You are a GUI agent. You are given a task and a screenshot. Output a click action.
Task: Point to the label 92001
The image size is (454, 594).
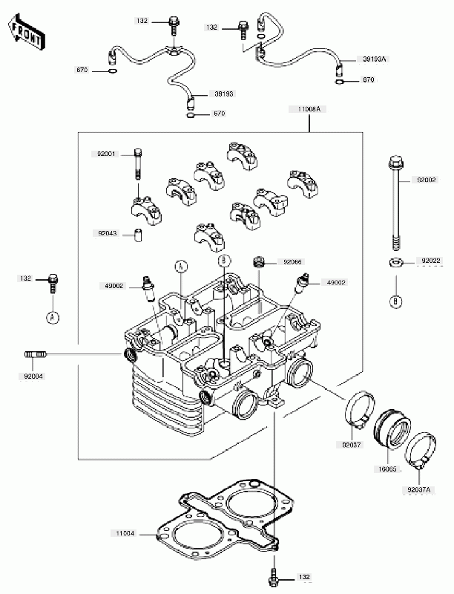click(106, 154)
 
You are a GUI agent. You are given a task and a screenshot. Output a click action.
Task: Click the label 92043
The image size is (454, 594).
click(106, 232)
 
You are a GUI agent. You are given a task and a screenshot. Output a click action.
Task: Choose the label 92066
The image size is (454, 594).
click(290, 262)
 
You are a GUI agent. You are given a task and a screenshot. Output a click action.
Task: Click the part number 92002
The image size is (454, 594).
click(426, 180)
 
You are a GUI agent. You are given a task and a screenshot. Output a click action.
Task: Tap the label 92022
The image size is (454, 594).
click(432, 261)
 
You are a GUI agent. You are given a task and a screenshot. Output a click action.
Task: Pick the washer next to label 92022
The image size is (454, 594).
click(395, 262)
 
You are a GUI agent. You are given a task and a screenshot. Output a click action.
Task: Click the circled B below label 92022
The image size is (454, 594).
click(395, 300)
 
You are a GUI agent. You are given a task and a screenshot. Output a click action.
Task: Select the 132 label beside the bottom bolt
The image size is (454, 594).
click(304, 576)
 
